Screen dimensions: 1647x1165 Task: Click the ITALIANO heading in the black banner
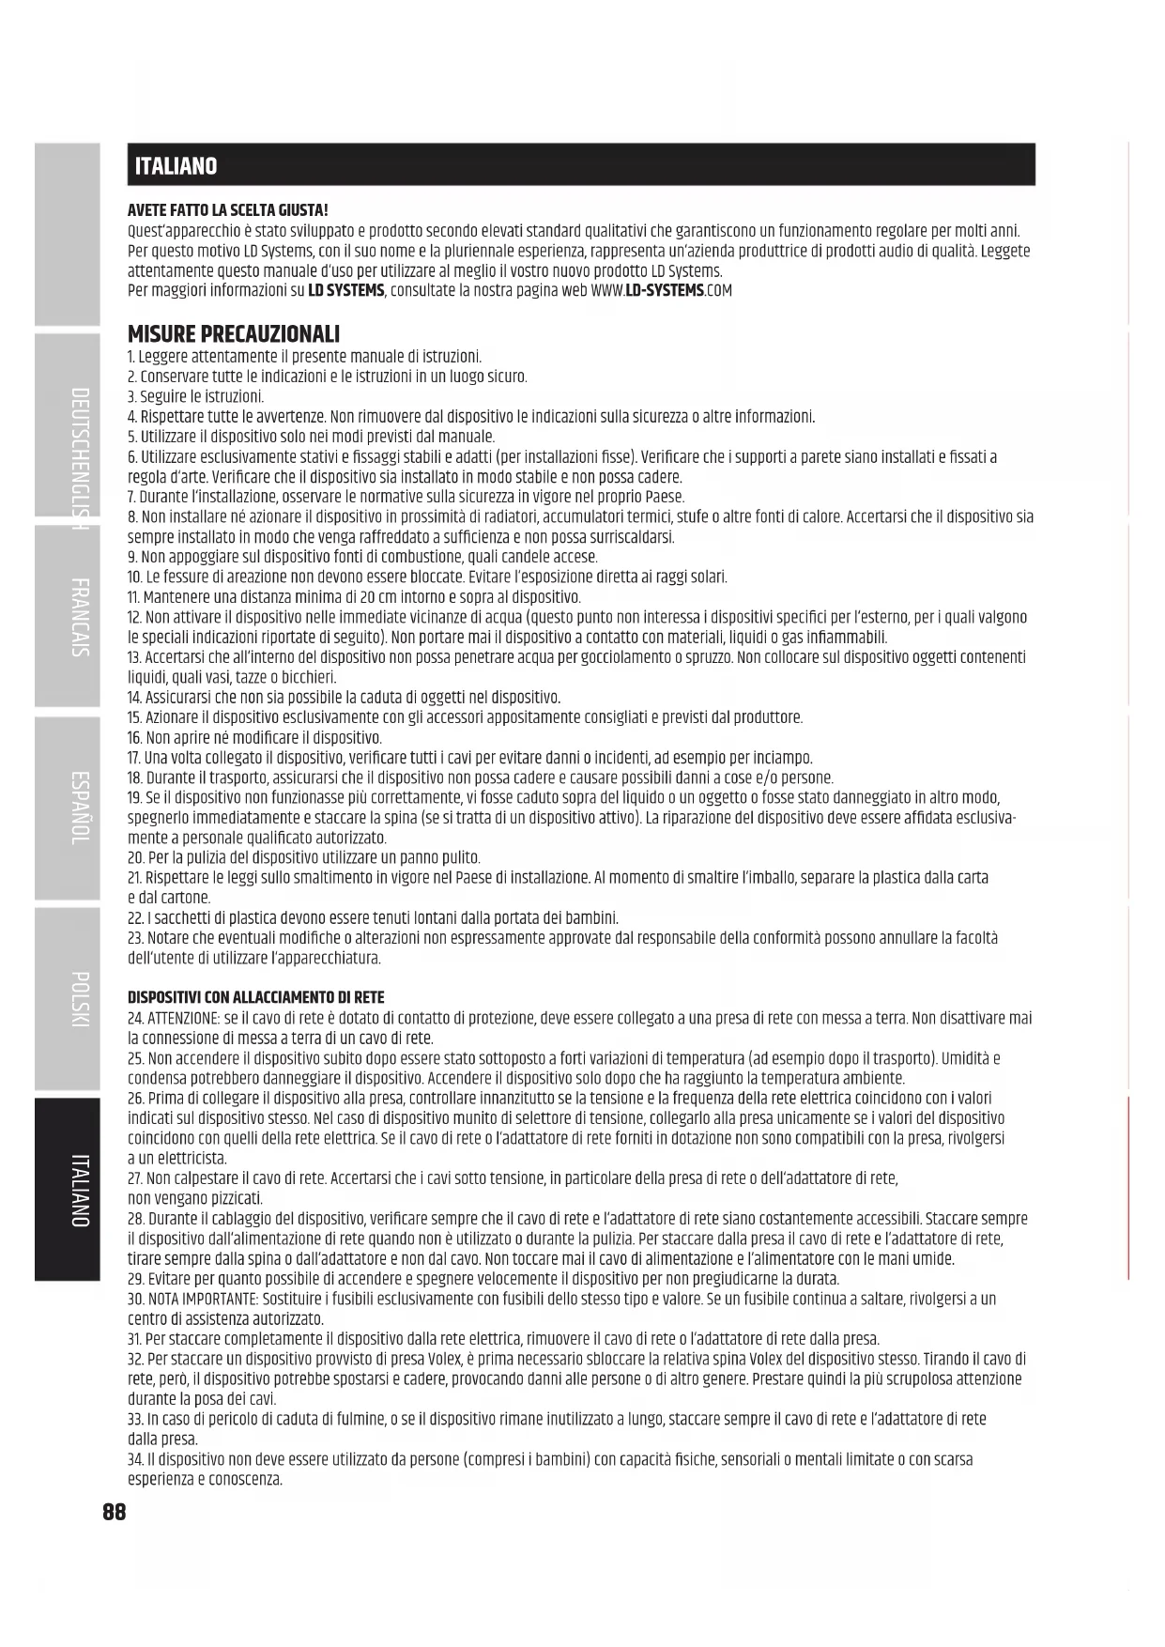176,166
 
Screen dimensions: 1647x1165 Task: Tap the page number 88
114,1512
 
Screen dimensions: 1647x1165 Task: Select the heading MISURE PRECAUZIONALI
234,333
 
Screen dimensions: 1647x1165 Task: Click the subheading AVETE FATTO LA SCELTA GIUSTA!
227,210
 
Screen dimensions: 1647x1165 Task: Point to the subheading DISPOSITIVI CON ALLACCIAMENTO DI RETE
255,997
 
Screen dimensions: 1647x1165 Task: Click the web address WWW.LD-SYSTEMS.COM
662,291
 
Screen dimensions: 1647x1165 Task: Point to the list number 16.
134,738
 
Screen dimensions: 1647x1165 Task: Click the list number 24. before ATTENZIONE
135,1018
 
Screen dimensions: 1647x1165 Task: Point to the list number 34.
135,1459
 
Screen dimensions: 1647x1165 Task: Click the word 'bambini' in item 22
593,918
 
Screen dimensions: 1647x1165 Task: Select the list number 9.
132,557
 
